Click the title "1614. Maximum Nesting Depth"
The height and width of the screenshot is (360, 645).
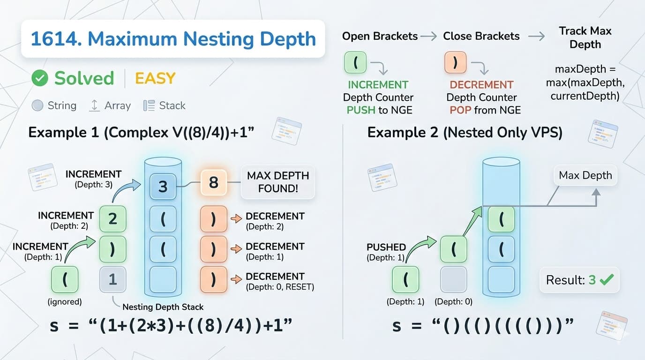tap(173, 38)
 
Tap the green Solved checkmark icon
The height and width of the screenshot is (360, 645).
tap(40, 78)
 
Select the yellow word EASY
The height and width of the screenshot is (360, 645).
tap(155, 78)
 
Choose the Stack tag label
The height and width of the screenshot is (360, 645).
tap(172, 105)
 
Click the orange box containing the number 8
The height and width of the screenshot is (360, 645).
tap(214, 183)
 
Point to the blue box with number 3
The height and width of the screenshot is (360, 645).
tap(163, 187)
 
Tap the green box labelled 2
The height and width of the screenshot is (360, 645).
tap(112, 219)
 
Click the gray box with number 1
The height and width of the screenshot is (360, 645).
tap(112, 279)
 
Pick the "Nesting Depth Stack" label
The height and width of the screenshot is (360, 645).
tap(163, 307)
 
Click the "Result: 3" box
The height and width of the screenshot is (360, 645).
tap(579, 280)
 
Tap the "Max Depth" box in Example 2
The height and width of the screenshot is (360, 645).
tap(585, 175)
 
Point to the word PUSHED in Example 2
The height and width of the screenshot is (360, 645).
tap(386, 247)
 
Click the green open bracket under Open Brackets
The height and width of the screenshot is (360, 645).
tap(355, 62)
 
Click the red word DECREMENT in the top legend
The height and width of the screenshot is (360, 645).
tap(481, 85)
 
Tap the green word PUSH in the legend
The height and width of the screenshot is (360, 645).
tap(360, 110)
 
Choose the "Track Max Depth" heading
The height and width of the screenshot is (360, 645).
tap(585, 37)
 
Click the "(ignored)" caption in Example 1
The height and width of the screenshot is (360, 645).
tap(65, 302)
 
